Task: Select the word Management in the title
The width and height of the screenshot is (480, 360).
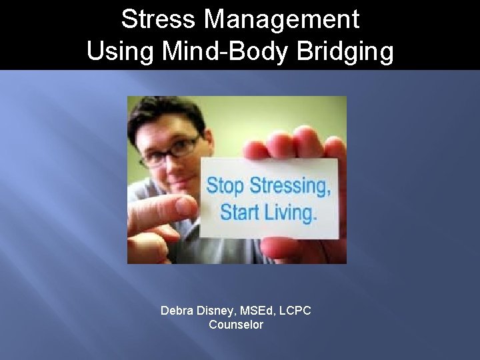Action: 281,19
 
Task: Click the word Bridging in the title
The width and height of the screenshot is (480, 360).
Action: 347,51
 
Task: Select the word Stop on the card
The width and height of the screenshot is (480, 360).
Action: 224,185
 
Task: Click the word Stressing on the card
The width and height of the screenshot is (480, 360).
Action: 288,187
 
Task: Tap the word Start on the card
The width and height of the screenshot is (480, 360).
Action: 241,213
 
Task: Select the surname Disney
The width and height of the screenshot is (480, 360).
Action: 217,311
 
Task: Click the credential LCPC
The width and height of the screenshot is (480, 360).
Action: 295,311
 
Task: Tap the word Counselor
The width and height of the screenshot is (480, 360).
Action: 236,325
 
